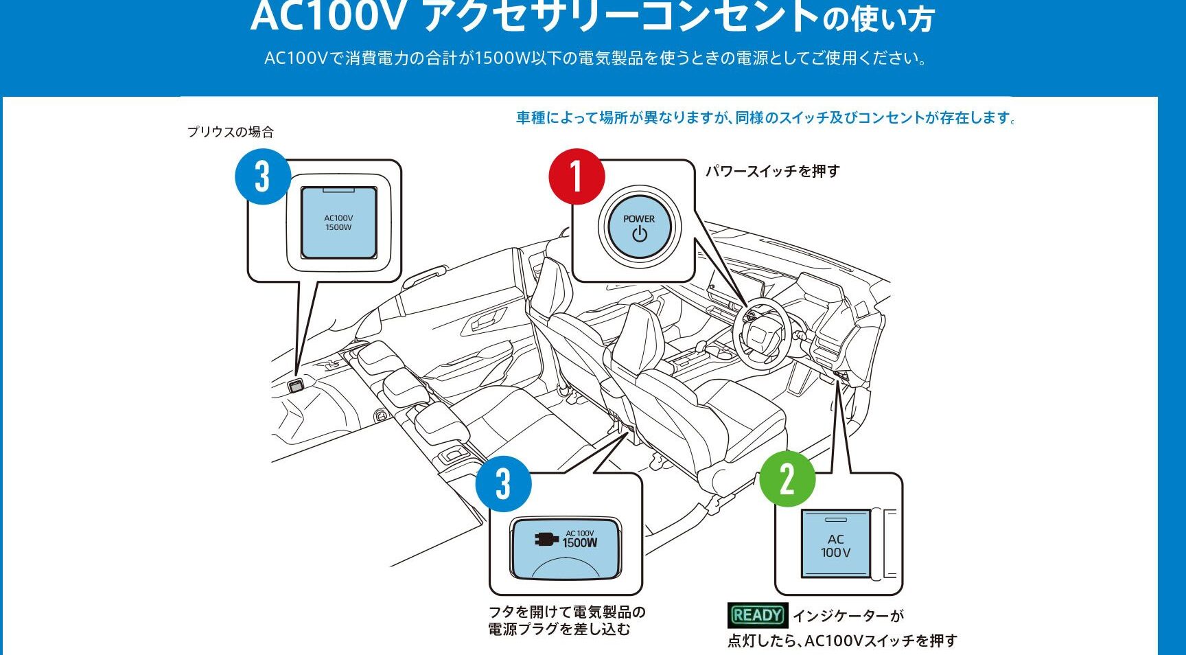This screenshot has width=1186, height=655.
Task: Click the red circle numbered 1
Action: (577, 176)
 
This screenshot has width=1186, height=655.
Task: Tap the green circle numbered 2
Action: (787, 479)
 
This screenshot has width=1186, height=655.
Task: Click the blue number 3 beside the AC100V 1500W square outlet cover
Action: (263, 176)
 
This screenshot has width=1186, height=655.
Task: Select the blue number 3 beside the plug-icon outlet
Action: (504, 484)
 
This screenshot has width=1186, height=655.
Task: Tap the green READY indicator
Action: (757, 615)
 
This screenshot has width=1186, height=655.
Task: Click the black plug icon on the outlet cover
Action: (546, 540)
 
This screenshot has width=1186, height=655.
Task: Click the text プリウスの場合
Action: (231, 132)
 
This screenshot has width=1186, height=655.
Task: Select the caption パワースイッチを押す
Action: (773, 171)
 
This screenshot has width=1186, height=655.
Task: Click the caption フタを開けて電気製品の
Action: (567, 612)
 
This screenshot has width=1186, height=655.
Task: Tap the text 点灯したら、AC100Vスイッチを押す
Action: (842, 641)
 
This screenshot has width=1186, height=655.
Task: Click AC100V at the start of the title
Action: (329, 16)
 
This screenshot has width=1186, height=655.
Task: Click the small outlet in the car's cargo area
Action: (296, 386)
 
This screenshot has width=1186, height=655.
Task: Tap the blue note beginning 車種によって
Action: (766, 118)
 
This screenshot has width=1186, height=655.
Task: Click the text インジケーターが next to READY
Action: (848, 616)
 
